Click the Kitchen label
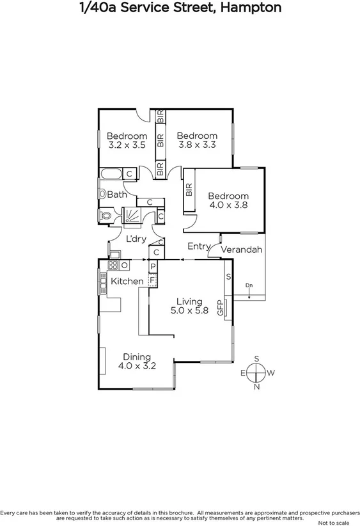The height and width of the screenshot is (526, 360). pyautogui.click(x=127, y=282)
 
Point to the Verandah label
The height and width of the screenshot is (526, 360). pyautogui.click(x=242, y=250)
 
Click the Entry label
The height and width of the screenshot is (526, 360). pyautogui.click(x=198, y=246)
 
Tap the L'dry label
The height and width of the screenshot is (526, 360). pyautogui.click(x=136, y=239)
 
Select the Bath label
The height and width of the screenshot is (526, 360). pyautogui.click(x=117, y=195)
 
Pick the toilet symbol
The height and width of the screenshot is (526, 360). pyautogui.click(x=106, y=216)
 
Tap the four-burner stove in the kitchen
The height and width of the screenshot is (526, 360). pyautogui.click(x=113, y=265)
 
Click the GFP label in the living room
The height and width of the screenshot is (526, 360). pyautogui.click(x=221, y=308)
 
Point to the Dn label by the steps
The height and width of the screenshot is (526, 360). pyautogui.click(x=249, y=285)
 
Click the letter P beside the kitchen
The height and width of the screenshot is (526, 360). pyautogui.click(x=153, y=266)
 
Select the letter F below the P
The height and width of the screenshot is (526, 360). pyautogui.click(x=153, y=280)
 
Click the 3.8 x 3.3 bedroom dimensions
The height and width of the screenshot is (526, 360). pyautogui.click(x=197, y=145)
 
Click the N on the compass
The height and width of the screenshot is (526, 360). pyautogui.click(x=257, y=387)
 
